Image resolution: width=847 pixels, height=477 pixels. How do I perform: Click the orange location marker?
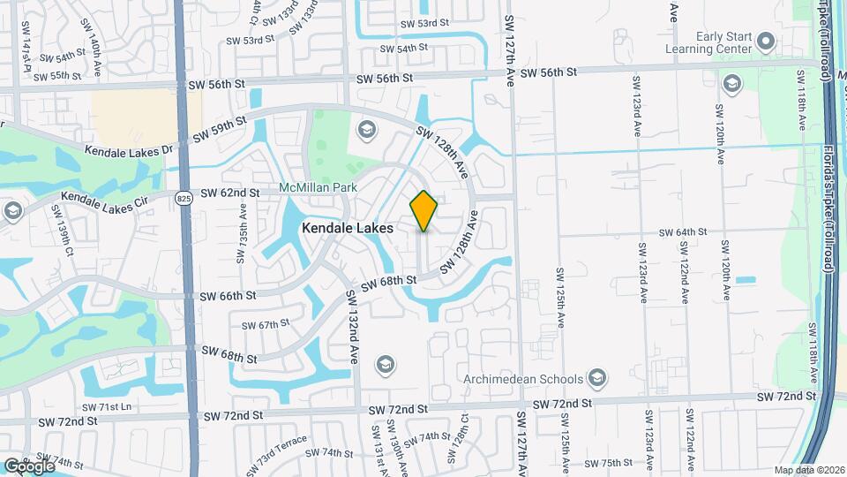[x=423, y=211]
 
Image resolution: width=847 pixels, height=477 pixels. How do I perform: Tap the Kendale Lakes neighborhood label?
[x=348, y=228]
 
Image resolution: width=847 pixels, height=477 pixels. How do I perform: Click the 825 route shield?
[x=183, y=199]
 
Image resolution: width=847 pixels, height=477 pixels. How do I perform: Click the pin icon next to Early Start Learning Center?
[x=766, y=41]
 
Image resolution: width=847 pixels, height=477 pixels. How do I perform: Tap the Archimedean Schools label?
[x=524, y=379]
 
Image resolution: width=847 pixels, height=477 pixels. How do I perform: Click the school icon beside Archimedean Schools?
[x=597, y=379]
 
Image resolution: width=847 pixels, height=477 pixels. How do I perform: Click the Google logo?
[x=28, y=466]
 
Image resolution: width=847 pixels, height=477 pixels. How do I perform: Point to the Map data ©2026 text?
[x=808, y=470]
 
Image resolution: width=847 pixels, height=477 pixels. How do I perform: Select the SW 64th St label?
[x=683, y=232]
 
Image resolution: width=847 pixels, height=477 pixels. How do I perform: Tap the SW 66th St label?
[x=229, y=295]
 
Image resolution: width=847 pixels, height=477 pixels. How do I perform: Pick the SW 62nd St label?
[x=230, y=193]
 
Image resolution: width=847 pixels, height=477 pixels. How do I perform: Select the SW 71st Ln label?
[x=106, y=406]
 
